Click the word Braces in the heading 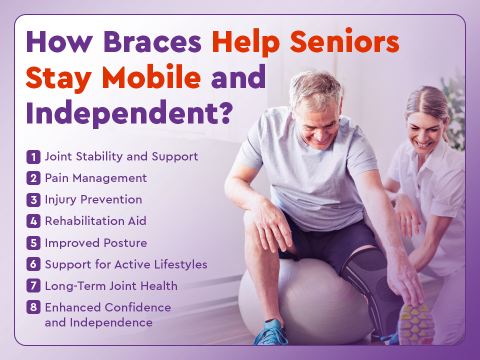(x=152, y=41)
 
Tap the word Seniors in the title (x=344, y=41)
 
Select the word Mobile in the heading (x=151, y=77)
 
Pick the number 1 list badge (x=33, y=157)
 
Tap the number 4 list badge (x=33, y=221)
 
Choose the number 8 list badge (x=33, y=307)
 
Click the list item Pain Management (x=96, y=178)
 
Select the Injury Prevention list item (x=93, y=199)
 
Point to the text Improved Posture (x=96, y=243)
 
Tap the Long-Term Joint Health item (x=111, y=286)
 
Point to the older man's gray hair (x=315, y=87)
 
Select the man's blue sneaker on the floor (x=269, y=333)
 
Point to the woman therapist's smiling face (x=424, y=132)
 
